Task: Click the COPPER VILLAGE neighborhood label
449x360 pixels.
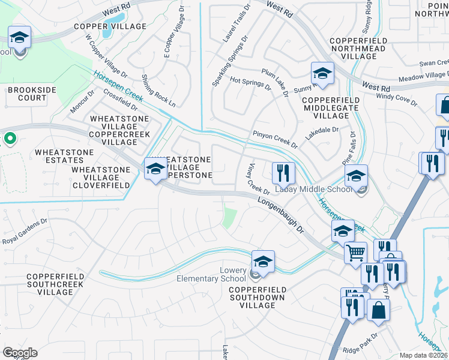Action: pos(110,27)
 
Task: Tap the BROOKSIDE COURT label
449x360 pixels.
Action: pos(27,94)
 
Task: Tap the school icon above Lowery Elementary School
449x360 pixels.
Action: pos(263,261)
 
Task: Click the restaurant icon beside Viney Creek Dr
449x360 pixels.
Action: pos(283,173)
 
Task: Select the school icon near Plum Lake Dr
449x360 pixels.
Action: pos(322,74)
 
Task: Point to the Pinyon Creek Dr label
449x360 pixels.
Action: pos(275,139)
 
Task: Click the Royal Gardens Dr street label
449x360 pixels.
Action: pos(24,232)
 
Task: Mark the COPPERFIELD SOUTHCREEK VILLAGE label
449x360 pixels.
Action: pos(50,284)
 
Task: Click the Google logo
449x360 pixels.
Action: pos(20,352)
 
